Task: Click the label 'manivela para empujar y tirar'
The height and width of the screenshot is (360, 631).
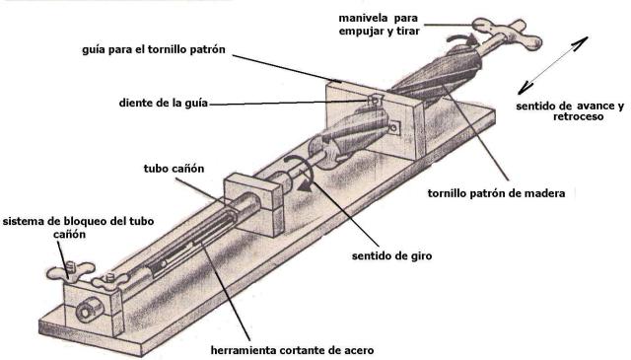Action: click(x=379, y=25)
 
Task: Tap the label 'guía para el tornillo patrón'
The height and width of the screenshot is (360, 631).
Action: click(x=154, y=49)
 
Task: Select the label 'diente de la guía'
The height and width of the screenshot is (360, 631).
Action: click(x=164, y=103)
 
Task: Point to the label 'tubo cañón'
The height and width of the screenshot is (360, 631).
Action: click(x=174, y=168)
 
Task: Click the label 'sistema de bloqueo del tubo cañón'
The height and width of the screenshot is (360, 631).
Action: click(x=79, y=228)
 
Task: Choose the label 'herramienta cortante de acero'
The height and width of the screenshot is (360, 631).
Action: click(x=292, y=350)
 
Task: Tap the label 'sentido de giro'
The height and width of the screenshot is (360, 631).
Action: click(x=391, y=255)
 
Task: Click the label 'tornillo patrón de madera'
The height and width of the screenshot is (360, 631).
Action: click(x=496, y=193)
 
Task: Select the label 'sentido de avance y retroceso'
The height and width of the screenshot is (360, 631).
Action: click(x=570, y=111)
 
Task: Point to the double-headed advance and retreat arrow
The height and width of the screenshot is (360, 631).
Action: click(x=553, y=66)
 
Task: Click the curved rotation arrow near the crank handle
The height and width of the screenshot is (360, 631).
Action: click(x=462, y=39)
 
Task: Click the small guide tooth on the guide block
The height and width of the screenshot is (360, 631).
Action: click(x=375, y=100)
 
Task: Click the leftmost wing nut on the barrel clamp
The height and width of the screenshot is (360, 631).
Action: click(x=70, y=271)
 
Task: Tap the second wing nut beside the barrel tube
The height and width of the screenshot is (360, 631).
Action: click(x=108, y=280)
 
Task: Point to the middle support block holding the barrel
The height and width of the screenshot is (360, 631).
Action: click(x=254, y=204)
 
